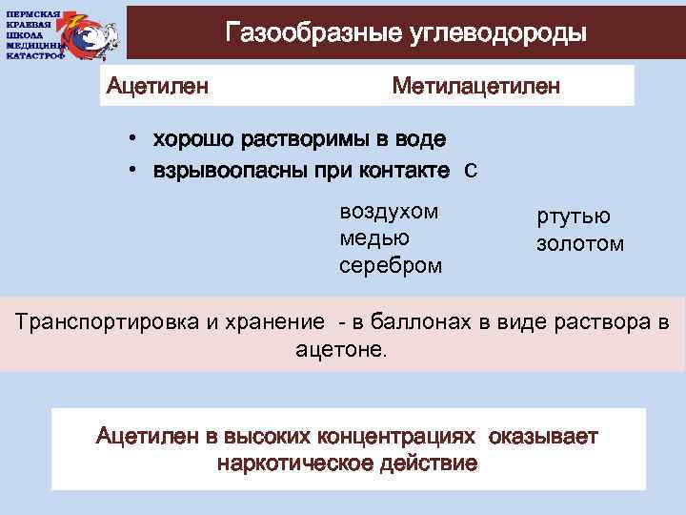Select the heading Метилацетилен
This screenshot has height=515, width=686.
[476, 87]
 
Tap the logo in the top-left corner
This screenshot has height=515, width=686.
[61, 32]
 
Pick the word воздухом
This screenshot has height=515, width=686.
[389, 211]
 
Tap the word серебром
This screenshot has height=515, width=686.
[391, 264]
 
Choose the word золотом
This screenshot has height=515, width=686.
[580, 243]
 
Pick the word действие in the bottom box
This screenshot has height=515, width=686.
[428, 464]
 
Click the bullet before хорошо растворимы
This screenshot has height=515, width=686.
[135, 139]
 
